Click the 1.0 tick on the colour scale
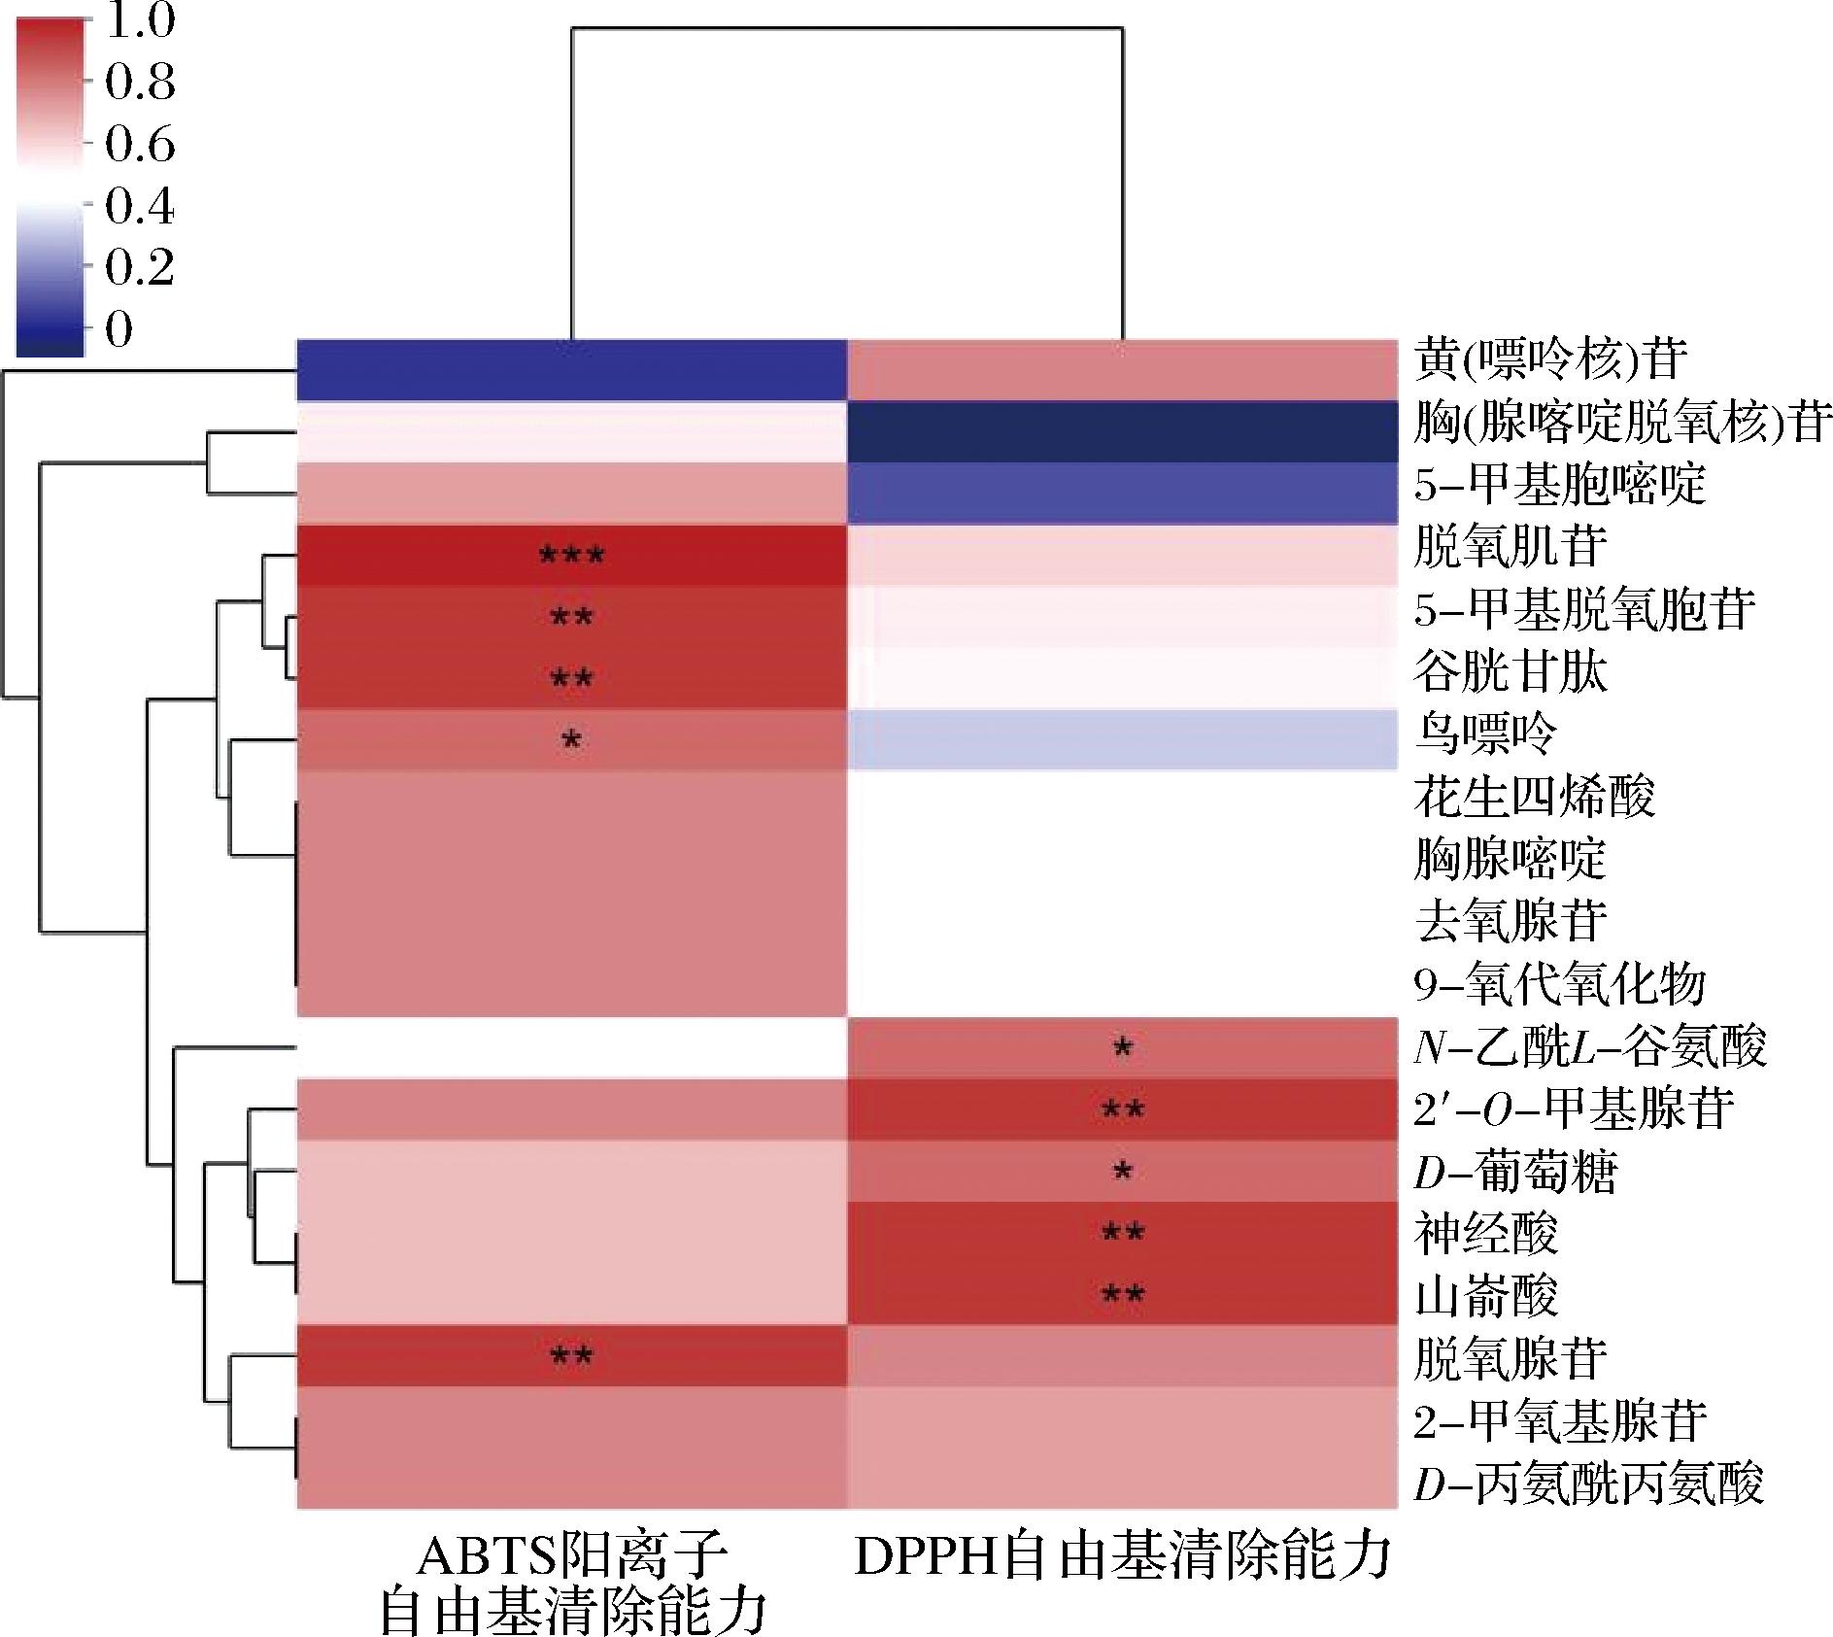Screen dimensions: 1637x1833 [x=140, y=21]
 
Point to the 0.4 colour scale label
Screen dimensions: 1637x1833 [x=140, y=207]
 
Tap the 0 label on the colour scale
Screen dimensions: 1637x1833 [x=119, y=330]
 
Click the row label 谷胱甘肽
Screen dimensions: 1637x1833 [x=1511, y=672]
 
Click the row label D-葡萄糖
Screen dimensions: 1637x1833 [x=1515, y=1173]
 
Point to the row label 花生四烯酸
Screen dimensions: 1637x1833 [x=1535, y=797]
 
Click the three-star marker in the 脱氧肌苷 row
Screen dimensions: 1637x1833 [x=571, y=556]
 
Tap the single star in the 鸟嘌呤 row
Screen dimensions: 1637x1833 [x=571, y=740]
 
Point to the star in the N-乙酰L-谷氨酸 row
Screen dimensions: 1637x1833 [x=1122, y=1048]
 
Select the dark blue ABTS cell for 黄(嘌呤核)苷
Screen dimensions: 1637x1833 [x=571, y=369]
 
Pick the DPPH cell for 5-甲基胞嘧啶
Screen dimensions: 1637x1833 [x=1122, y=493]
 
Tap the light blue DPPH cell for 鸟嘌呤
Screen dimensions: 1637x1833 [x=1122, y=739]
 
